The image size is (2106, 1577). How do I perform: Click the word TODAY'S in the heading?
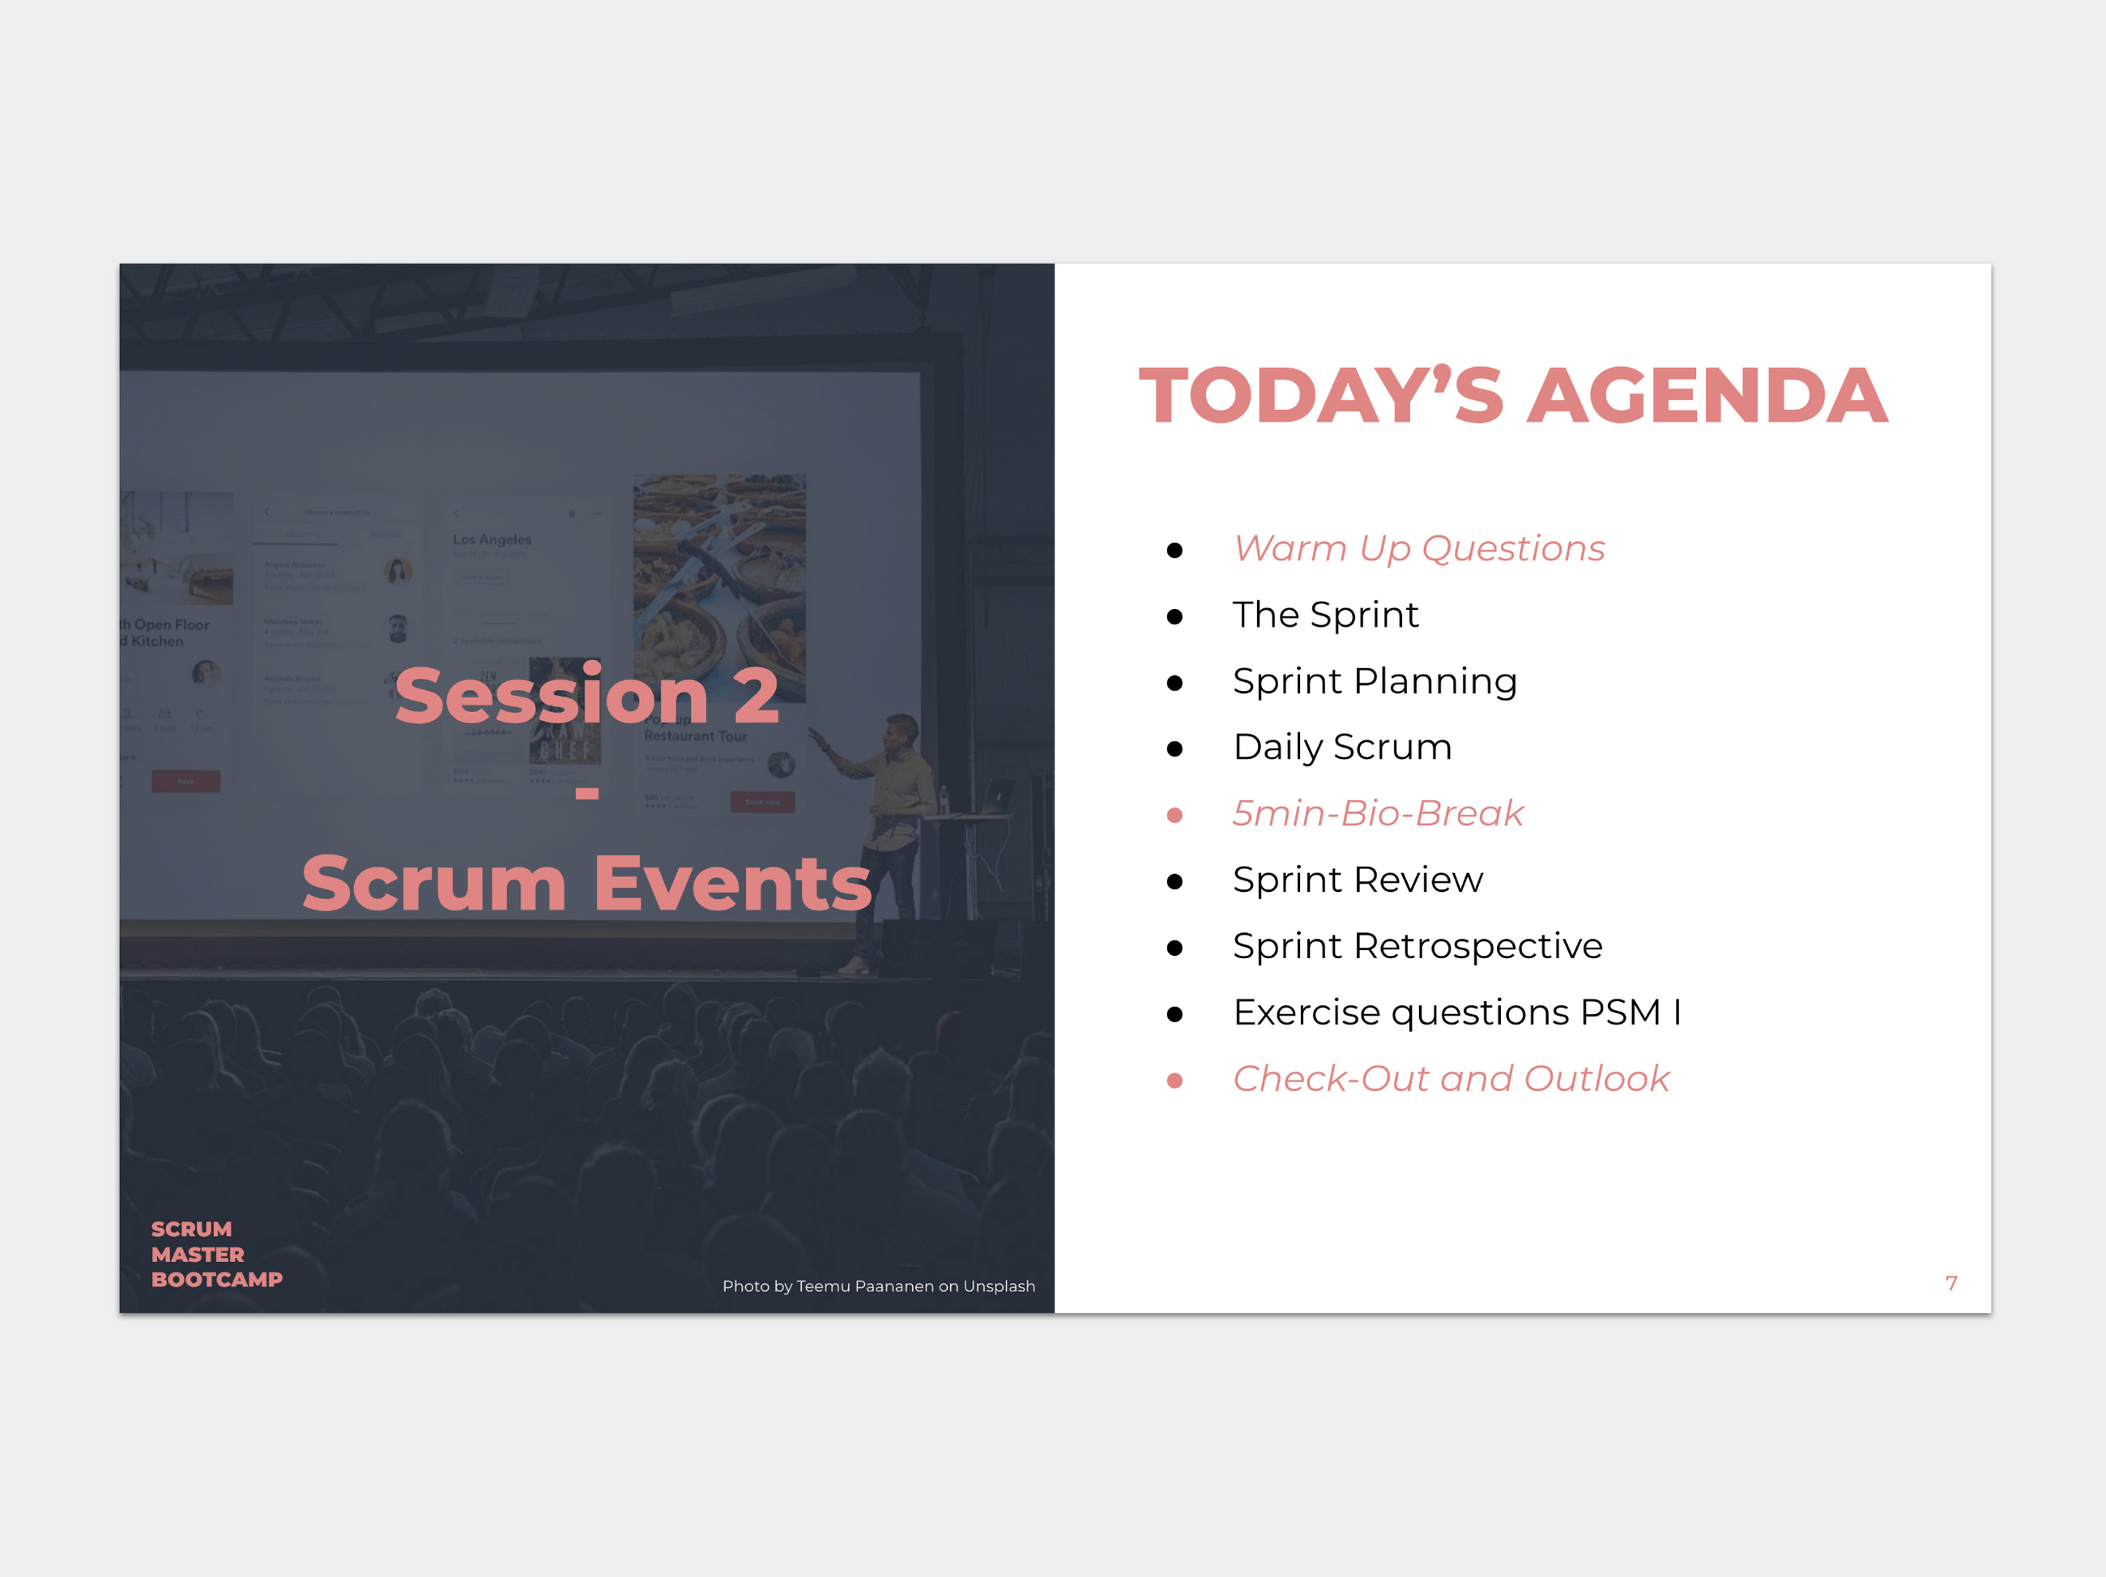pos(1321,396)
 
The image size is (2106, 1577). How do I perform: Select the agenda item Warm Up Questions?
pos(1418,549)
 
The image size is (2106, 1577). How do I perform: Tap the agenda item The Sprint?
pos(1325,616)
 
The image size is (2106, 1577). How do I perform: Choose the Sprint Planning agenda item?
pos(1374,682)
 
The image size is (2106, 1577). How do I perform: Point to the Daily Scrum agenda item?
pos(1341,748)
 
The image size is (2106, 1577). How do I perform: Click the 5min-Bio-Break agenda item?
pos(1378,814)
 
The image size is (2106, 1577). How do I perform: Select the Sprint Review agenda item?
pos(1357,880)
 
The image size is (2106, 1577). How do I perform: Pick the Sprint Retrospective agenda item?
pos(1417,947)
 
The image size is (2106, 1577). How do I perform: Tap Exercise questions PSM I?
pos(1456,1012)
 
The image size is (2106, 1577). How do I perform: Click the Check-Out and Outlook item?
pos(1450,1079)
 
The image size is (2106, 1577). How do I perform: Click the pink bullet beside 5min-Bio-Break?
pos(1174,815)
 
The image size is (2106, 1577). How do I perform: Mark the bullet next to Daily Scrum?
pos(1174,749)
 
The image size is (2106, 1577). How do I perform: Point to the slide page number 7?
pos(1950,1284)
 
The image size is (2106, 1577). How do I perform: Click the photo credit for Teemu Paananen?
pos(878,1286)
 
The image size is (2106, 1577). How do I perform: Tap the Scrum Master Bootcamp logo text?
pos(216,1254)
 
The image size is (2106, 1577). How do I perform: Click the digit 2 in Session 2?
pos(756,696)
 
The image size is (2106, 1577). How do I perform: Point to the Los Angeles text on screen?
pos(492,540)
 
